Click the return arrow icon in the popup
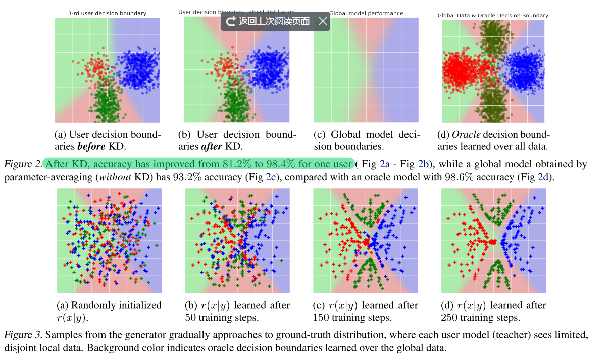point(231,21)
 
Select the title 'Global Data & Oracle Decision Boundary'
point(492,16)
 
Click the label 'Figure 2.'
point(22,164)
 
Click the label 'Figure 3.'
point(22,335)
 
